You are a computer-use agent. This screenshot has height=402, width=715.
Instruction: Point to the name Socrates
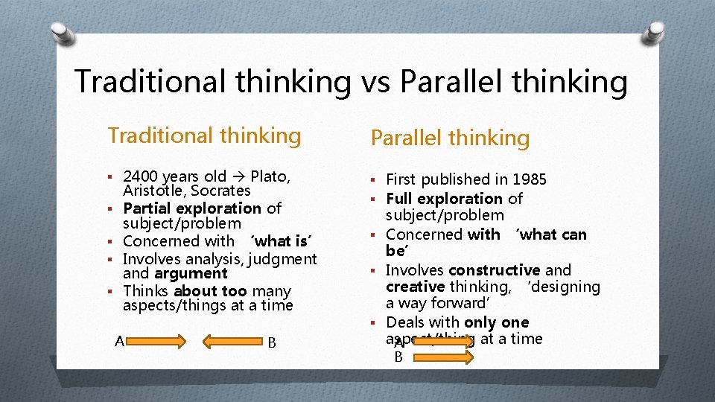[x=220, y=191]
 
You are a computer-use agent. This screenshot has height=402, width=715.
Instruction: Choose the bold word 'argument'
[x=191, y=273]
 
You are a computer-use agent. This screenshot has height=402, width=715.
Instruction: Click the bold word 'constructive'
[x=495, y=270]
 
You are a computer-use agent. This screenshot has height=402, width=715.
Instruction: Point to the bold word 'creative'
[x=415, y=287]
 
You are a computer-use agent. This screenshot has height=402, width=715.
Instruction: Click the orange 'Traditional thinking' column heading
[x=204, y=135]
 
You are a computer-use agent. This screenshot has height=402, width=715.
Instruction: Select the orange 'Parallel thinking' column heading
[x=450, y=138]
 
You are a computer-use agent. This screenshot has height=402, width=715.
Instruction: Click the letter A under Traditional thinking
[x=119, y=342]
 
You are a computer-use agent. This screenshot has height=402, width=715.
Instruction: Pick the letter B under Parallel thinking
[x=398, y=357]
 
